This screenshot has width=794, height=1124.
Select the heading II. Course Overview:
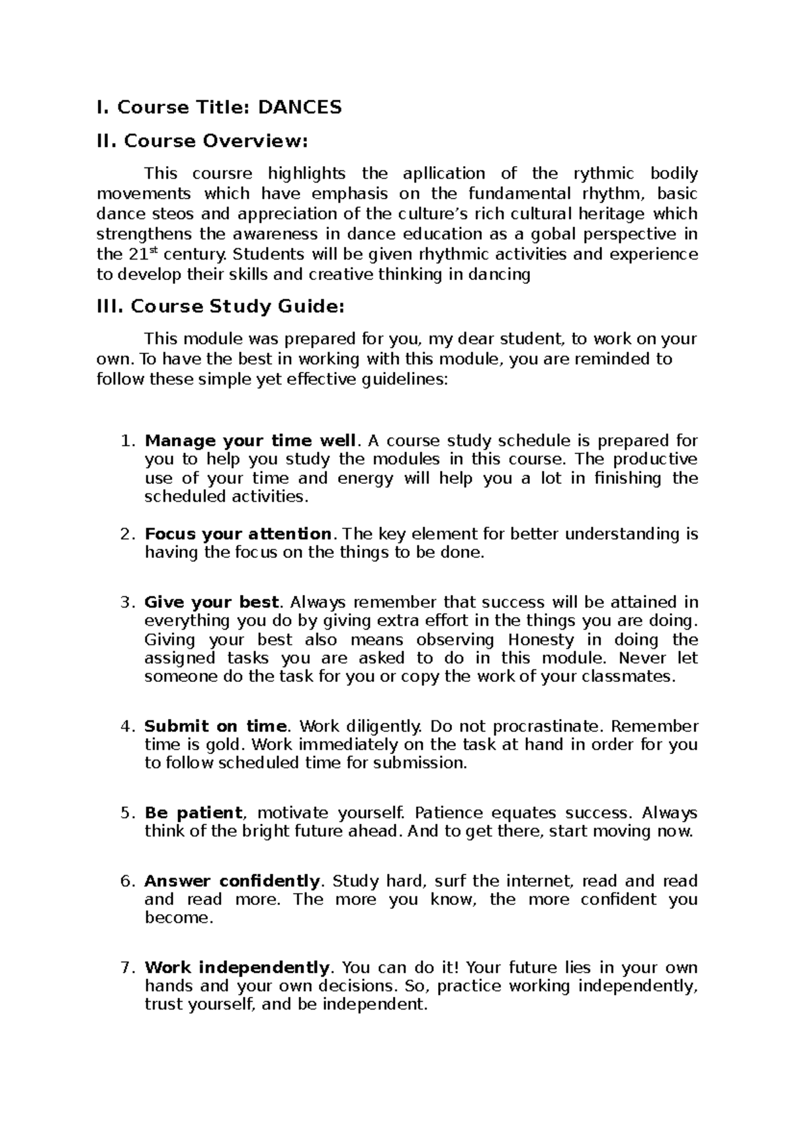(x=202, y=141)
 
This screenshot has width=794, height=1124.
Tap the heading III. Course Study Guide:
(x=220, y=306)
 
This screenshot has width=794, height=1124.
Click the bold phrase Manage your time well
(x=250, y=441)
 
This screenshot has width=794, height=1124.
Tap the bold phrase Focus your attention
(x=238, y=534)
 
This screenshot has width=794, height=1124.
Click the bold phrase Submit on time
(x=216, y=726)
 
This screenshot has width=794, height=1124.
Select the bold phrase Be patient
(x=193, y=813)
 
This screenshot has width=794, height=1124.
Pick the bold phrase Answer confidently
(x=232, y=881)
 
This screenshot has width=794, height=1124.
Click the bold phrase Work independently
(x=236, y=968)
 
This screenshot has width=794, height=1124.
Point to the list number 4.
(x=126, y=726)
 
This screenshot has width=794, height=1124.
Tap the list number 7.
(x=126, y=968)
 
